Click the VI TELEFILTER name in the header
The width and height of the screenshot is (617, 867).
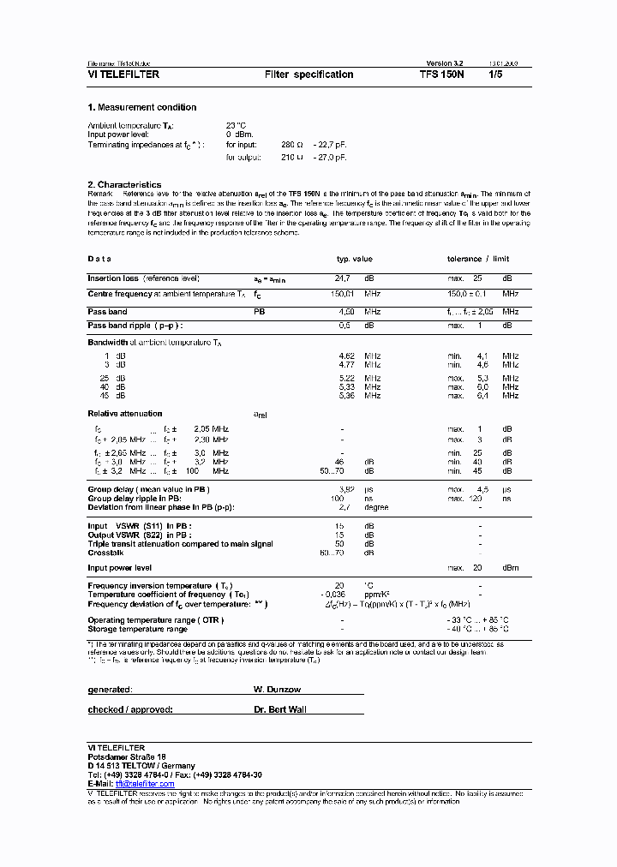coord(123,75)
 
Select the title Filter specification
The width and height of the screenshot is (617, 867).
coord(308,75)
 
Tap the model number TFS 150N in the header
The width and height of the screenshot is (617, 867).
coord(441,75)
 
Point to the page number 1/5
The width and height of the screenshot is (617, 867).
coord(495,75)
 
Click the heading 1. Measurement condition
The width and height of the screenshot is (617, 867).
coord(142,107)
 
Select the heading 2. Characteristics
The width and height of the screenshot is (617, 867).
coord(124,184)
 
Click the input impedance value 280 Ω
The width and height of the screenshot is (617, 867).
coord(293,146)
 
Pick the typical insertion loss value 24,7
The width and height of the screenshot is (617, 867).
coord(342,278)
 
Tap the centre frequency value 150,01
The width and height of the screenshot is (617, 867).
coord(342,294)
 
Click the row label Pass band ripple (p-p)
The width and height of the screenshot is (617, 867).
coord(135,326)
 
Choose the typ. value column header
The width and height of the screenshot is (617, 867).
coord(354,259)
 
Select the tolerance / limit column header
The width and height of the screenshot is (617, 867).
coord(477,259)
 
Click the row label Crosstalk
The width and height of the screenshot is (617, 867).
coord(105,553)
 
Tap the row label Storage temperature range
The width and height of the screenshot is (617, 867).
coord(137,628)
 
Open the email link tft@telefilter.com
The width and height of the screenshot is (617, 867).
coord(145,784)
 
